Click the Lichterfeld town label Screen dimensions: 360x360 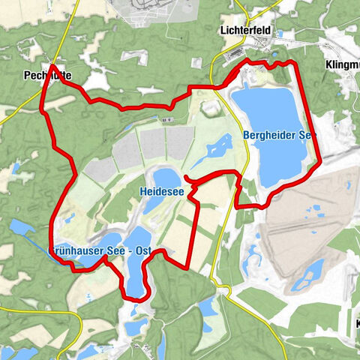click(x=246, y=31)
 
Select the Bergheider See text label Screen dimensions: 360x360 click(x=278, y=135)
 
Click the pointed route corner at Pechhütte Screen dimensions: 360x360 click(x=53, y=66)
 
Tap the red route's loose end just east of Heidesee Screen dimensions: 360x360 click(x=184, y=178)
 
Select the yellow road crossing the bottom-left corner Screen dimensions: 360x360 click(x=22, y=307)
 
